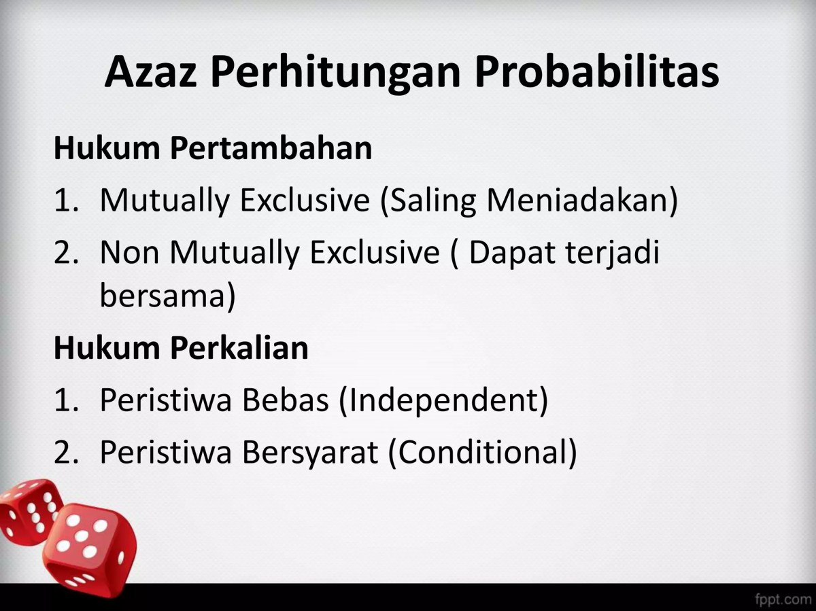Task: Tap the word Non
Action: pos(130,252)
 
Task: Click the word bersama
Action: pos(167,297)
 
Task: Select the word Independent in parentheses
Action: pos(443,401)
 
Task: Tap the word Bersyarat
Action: pos(309,453)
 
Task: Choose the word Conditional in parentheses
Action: pos(482,453)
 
